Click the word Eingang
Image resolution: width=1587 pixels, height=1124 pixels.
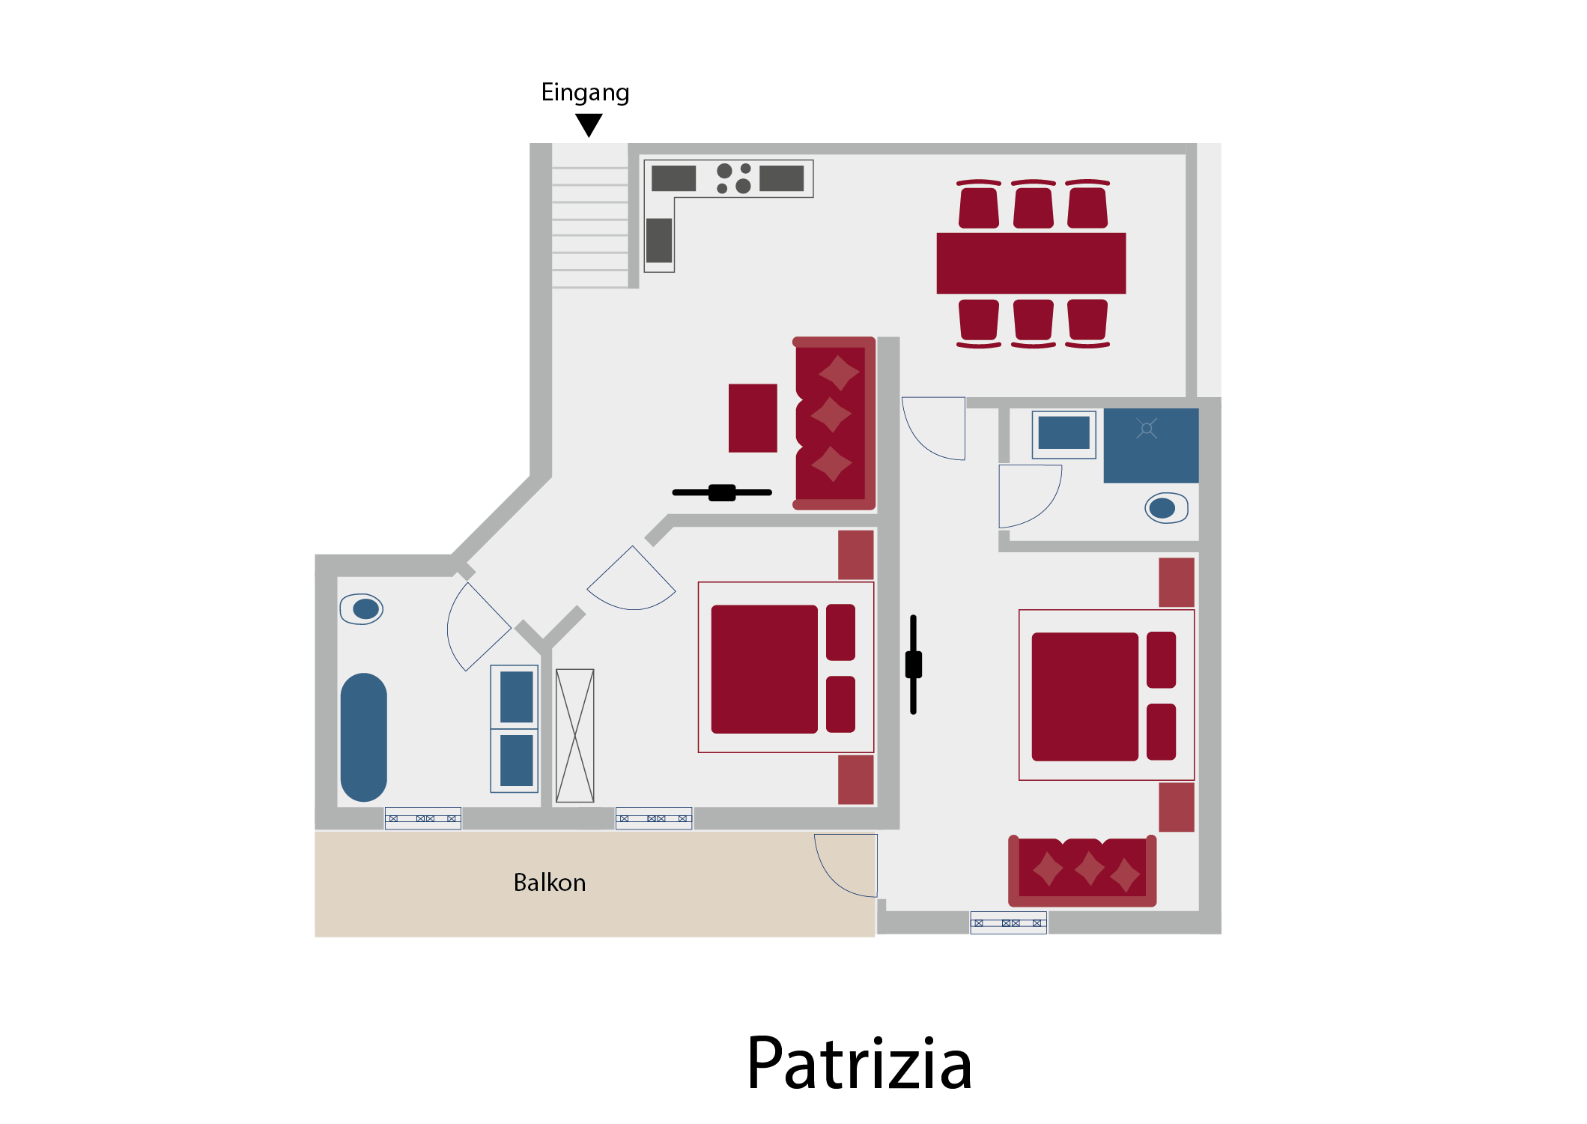pos(585,93)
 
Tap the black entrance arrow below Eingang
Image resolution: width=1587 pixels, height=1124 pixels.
pos(589,124)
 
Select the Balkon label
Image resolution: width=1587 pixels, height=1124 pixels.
pos(549,883)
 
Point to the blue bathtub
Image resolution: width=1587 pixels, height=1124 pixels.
pos(363,737)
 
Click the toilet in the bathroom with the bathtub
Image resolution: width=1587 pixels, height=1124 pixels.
pos(362,609)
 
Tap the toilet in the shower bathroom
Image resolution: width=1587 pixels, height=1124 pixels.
pos(1166,508)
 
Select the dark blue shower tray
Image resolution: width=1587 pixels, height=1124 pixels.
pos(1151,445)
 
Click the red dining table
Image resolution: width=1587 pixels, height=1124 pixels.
pos(1031,263)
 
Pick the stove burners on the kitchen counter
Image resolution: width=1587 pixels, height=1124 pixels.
pos(734,178)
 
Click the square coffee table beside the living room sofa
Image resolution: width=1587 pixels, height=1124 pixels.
pos(753,418)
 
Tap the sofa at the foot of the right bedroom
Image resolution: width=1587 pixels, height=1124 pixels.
pos(1082,871)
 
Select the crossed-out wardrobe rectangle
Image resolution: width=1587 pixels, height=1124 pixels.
pos(575,736)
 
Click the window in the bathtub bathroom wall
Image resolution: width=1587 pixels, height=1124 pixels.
pos(423,818)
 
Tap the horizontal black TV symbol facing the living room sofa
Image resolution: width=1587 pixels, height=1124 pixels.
pos(722,492)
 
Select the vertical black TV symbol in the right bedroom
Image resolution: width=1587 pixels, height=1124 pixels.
pos(914,665)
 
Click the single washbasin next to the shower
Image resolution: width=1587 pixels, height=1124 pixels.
pos(1063,434)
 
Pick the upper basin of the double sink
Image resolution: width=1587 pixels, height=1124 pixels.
pos(516,697)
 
